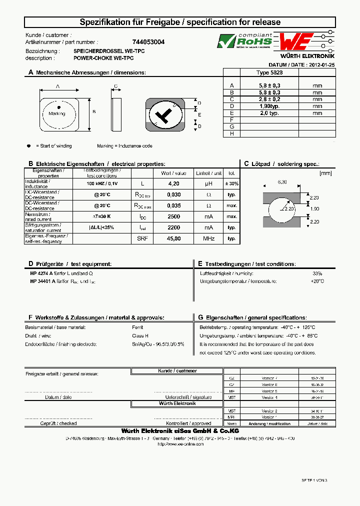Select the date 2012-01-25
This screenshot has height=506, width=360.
point(322,65)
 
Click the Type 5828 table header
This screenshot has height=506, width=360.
point(269,72)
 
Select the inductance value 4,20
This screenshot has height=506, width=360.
point(173,183)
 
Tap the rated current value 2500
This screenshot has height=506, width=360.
point(173,216)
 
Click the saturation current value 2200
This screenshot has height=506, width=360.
point(173,227)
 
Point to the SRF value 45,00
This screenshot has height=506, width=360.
point(173,238)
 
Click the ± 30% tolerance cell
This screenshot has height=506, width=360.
point(231,183)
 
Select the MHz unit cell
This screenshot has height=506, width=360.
point(208,238)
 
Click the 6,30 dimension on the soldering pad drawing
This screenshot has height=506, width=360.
point(282,182)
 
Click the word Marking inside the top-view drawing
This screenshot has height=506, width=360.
point(57,113)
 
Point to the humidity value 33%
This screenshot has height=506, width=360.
point(317,273)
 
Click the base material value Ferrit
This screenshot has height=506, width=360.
point(137,327)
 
